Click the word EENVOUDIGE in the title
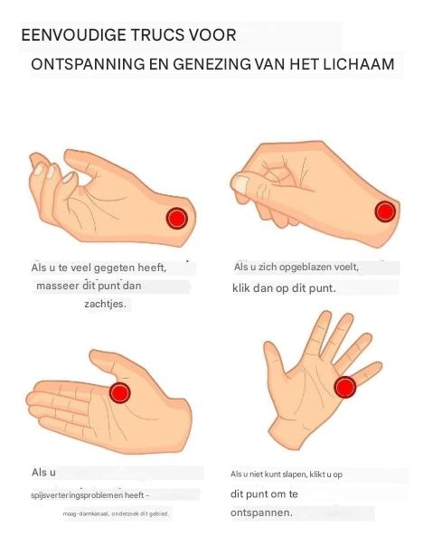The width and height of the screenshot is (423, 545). point(74,35)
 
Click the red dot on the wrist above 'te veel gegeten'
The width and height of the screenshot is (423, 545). point(177,219)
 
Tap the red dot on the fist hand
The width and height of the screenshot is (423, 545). point(385,211)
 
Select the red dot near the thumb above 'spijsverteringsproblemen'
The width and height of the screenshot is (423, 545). point(120,393)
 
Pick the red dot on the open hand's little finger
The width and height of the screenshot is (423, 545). point(345,387)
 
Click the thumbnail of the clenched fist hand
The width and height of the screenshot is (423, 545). point(240,184)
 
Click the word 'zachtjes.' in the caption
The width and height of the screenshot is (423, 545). point(106,304)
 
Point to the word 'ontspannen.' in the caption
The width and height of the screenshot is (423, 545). point(261,512)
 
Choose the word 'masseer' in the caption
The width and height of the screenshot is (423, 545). point(58,286)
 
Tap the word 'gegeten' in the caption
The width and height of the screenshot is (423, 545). point(115,268)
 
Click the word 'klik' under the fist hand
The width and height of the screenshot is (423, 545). point(240,288)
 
